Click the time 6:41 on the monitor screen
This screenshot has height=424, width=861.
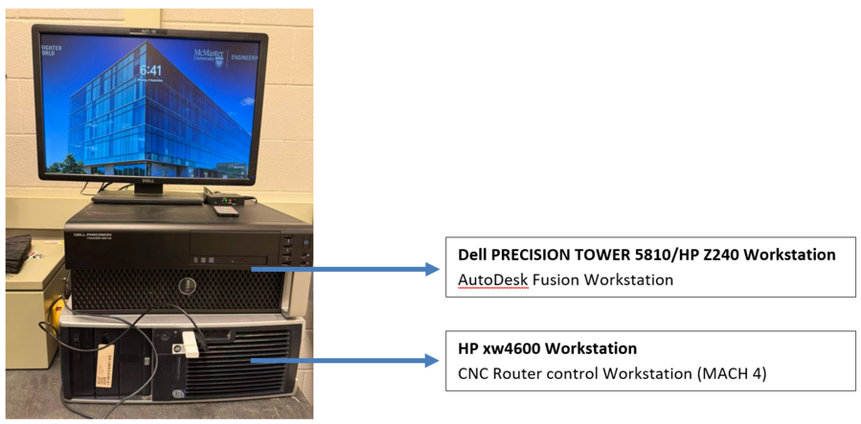[x=150, y=70]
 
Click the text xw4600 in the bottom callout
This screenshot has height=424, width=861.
[x=511, y=348]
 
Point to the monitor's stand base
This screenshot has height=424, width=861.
[x=148, y=196]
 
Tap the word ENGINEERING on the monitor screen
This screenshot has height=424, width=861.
[x=245, y=57]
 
